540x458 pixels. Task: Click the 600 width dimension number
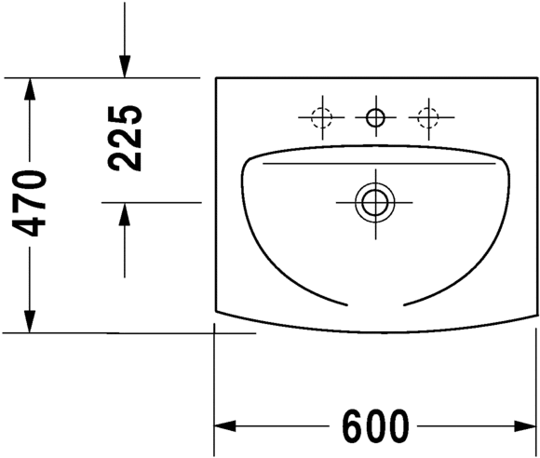tap(375, 426)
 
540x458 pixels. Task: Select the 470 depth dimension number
tap(29, 204)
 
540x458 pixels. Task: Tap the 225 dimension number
tap(125, 139)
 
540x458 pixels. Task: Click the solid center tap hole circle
tap(376, 117)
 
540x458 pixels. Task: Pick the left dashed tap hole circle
tap(321, 117)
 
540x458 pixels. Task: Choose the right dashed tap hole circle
tap(428, 117)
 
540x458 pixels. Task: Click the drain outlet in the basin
tap(375, 203)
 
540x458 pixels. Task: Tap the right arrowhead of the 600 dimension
tap(525, 426)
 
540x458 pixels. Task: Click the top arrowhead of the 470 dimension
tap(30, 88)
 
